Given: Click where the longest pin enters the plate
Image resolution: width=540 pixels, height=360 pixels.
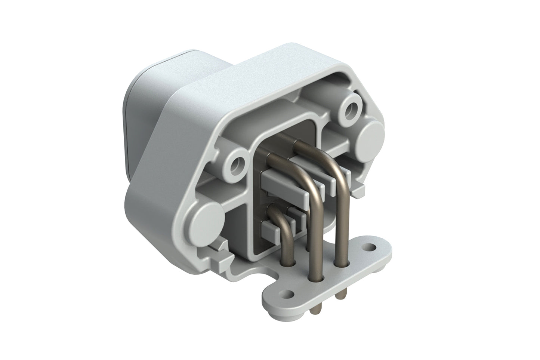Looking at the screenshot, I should click(315, 279).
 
